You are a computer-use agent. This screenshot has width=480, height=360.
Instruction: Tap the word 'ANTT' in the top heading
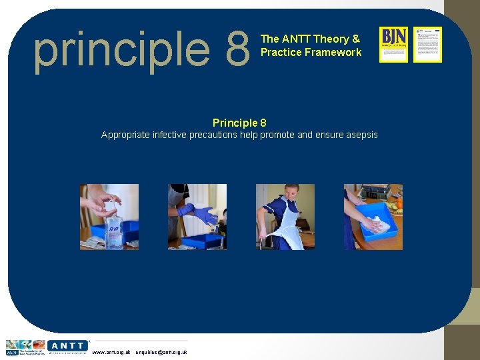pos(296,39)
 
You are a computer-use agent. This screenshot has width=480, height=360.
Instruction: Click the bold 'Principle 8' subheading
pos(239,123)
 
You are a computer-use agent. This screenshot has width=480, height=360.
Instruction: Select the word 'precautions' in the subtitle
pos(231,135)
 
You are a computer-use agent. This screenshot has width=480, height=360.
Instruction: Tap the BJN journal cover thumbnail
pos(393,45)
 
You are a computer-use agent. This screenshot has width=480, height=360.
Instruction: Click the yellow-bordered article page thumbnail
pos(427,45)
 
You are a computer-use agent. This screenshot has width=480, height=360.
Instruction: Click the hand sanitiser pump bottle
pos(115,230)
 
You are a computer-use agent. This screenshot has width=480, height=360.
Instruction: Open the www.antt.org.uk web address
pos(111,352)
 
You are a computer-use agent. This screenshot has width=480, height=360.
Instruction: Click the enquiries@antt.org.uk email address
pos(161,352)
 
